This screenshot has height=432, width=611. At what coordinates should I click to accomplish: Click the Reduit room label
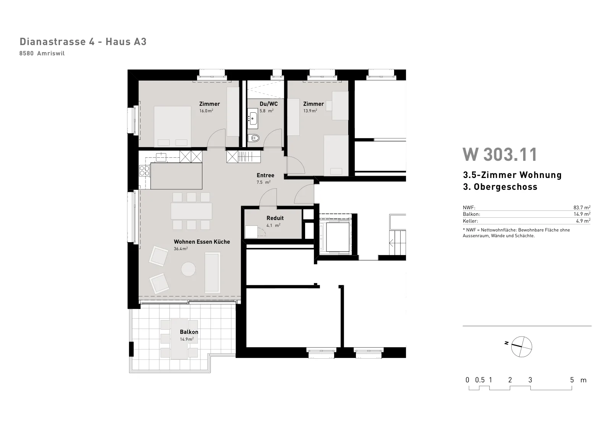point(275,218)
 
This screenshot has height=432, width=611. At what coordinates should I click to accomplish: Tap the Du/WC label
point(269,104)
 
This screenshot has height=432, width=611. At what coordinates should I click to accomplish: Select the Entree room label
point(265,175)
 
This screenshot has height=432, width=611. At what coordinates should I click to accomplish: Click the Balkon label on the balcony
point(189,332)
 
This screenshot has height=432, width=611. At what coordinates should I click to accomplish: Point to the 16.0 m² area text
point(206,111)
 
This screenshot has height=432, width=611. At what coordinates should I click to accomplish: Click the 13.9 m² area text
point(310,111)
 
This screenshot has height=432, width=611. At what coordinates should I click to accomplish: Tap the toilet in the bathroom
point(254,138)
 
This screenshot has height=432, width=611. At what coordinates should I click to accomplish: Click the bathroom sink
point(252,118)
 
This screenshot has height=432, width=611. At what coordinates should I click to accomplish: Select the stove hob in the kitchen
point(144,171)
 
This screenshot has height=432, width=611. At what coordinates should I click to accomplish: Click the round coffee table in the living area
point(189,269)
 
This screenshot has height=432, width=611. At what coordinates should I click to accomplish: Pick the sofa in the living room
point(212,272)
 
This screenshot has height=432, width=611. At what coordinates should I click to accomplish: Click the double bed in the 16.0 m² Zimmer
point(172,127)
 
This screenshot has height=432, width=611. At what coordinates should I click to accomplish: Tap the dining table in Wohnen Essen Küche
point(191,211)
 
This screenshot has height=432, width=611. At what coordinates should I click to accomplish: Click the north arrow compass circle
point(522,346)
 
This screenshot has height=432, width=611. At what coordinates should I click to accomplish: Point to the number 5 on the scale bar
point(572,380)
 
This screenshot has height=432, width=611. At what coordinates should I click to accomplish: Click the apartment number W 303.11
point(500,154)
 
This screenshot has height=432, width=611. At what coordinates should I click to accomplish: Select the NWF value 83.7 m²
point(582,207)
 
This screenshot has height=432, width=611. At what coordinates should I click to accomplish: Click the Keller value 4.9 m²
point(583,221)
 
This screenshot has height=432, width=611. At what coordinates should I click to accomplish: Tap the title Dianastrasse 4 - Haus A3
point(83,42)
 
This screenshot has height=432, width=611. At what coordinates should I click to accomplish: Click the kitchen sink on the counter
point(161,157)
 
